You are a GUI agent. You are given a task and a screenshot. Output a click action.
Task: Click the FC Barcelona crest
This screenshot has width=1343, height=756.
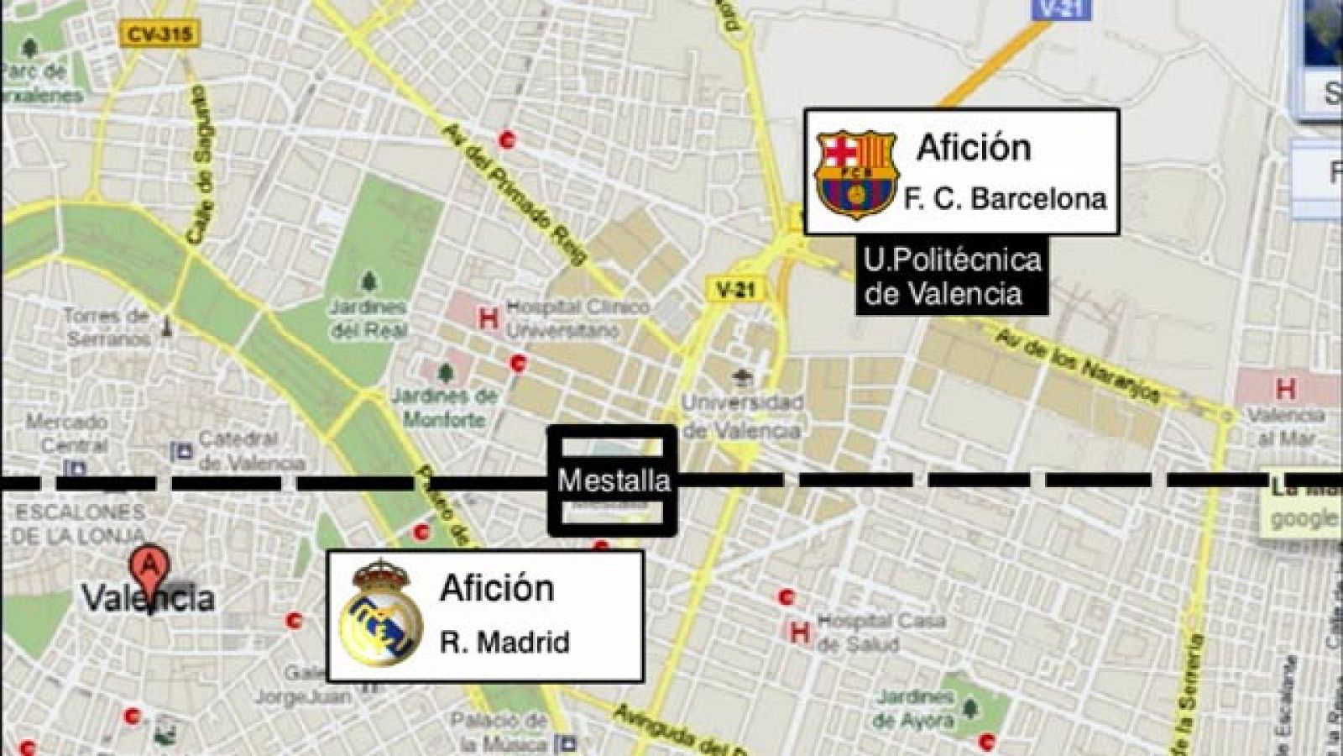[x=856, y=174]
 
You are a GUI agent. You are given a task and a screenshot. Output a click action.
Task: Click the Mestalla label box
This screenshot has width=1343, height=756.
[x=613, y=480]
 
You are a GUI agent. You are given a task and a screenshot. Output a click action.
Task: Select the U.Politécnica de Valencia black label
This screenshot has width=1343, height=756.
[x=952, y=277]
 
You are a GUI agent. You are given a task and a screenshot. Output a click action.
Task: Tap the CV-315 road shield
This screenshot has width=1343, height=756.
[x=160, y=34]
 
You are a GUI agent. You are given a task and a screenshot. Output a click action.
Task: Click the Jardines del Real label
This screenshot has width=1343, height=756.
[x=368, y=318]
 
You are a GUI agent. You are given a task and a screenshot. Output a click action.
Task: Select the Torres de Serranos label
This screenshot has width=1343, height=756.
[x=108, y=327]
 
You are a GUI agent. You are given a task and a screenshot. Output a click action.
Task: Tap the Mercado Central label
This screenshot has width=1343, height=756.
[x=66, y=433]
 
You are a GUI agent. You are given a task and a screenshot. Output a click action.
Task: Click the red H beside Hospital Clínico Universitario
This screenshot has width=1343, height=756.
[x=487, y=318]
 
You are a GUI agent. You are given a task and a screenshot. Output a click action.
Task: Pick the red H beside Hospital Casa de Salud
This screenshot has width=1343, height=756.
[x=799, y=632]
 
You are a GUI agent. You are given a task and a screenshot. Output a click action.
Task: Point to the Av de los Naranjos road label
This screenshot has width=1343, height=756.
[x=1079, y=363]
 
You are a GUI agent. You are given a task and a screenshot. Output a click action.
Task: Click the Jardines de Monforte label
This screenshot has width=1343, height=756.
[x=445, y=407]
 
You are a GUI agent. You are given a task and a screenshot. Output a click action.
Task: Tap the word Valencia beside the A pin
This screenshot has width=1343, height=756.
[x=148, y=598]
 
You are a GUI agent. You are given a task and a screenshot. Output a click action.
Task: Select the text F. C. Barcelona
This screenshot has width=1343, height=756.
[x=1004, y=199]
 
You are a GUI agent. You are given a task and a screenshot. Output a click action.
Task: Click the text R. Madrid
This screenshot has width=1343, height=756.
[x=504, y=643]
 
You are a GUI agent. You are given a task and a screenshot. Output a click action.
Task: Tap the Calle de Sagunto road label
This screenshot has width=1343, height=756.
[x=201, y=164]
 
